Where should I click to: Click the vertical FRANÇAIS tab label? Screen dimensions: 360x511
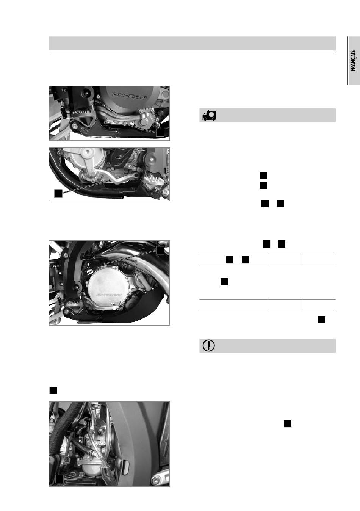pos(353,61)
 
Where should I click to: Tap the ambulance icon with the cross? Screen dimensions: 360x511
pos(209,116)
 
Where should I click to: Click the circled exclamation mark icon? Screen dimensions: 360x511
pos(209,345)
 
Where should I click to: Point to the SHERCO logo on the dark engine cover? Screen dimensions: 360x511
pos(129,96)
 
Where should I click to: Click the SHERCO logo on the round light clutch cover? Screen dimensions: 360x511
pos(109,295)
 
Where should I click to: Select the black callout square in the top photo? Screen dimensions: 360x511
pos(160,133)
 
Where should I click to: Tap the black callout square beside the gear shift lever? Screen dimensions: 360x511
pos(58,193)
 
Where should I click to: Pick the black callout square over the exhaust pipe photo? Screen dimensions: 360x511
pos(160,250)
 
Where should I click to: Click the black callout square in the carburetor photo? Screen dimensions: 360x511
pos(60,479)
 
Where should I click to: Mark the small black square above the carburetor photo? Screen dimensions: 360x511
pos(53,390)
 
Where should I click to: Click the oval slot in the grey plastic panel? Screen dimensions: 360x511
pos(126,465)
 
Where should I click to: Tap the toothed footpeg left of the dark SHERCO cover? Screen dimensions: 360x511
pos(81,113)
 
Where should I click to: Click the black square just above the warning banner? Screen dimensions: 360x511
pos(321,320)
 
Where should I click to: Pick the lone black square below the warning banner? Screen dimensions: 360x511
pos(288,423)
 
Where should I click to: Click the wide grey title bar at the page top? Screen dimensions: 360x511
pos(192,43)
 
